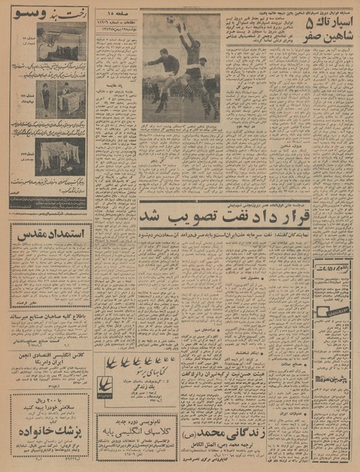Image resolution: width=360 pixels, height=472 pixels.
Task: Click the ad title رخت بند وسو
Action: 48,13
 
